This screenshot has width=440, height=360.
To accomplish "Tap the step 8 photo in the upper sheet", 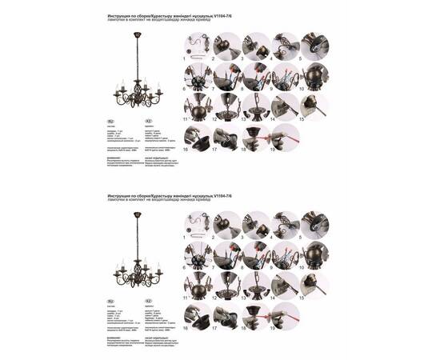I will click(256, 78).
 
